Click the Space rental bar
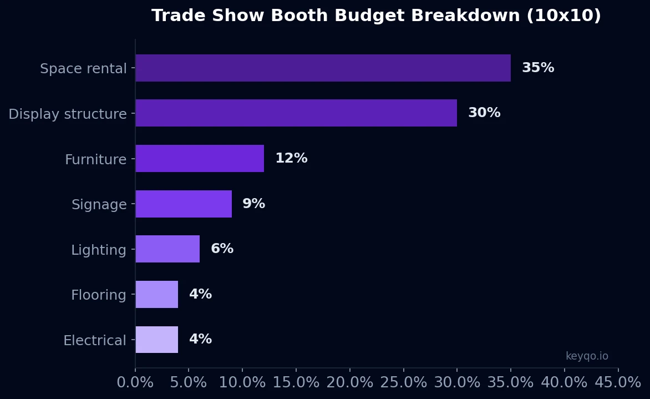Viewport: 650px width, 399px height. pos(323,68)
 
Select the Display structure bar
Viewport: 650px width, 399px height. pos(296,113)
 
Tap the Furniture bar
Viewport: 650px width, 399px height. pos(200,159)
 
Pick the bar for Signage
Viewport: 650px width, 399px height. pos(184,204)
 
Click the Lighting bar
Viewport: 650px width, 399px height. pos(167,249)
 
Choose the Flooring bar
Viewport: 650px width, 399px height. pos(157,295)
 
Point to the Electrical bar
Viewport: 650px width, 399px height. pos(157,340)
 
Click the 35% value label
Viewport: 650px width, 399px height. pos(537,68)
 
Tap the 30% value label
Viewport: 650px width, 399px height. pos(484,113)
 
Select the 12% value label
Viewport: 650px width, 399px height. pos(291,159)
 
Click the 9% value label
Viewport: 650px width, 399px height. pos(253,204)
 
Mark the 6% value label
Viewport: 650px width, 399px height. pos(222,249)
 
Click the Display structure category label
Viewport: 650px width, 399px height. pos(68,114)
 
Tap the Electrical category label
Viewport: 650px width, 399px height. pos(95,341)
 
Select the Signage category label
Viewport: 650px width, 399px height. pos(99,205)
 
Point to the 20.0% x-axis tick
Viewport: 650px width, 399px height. pos(350,383)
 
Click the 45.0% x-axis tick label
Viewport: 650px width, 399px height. pos(618,383)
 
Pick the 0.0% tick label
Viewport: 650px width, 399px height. pos(135,383)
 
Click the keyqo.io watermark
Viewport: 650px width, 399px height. pos(587,356)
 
